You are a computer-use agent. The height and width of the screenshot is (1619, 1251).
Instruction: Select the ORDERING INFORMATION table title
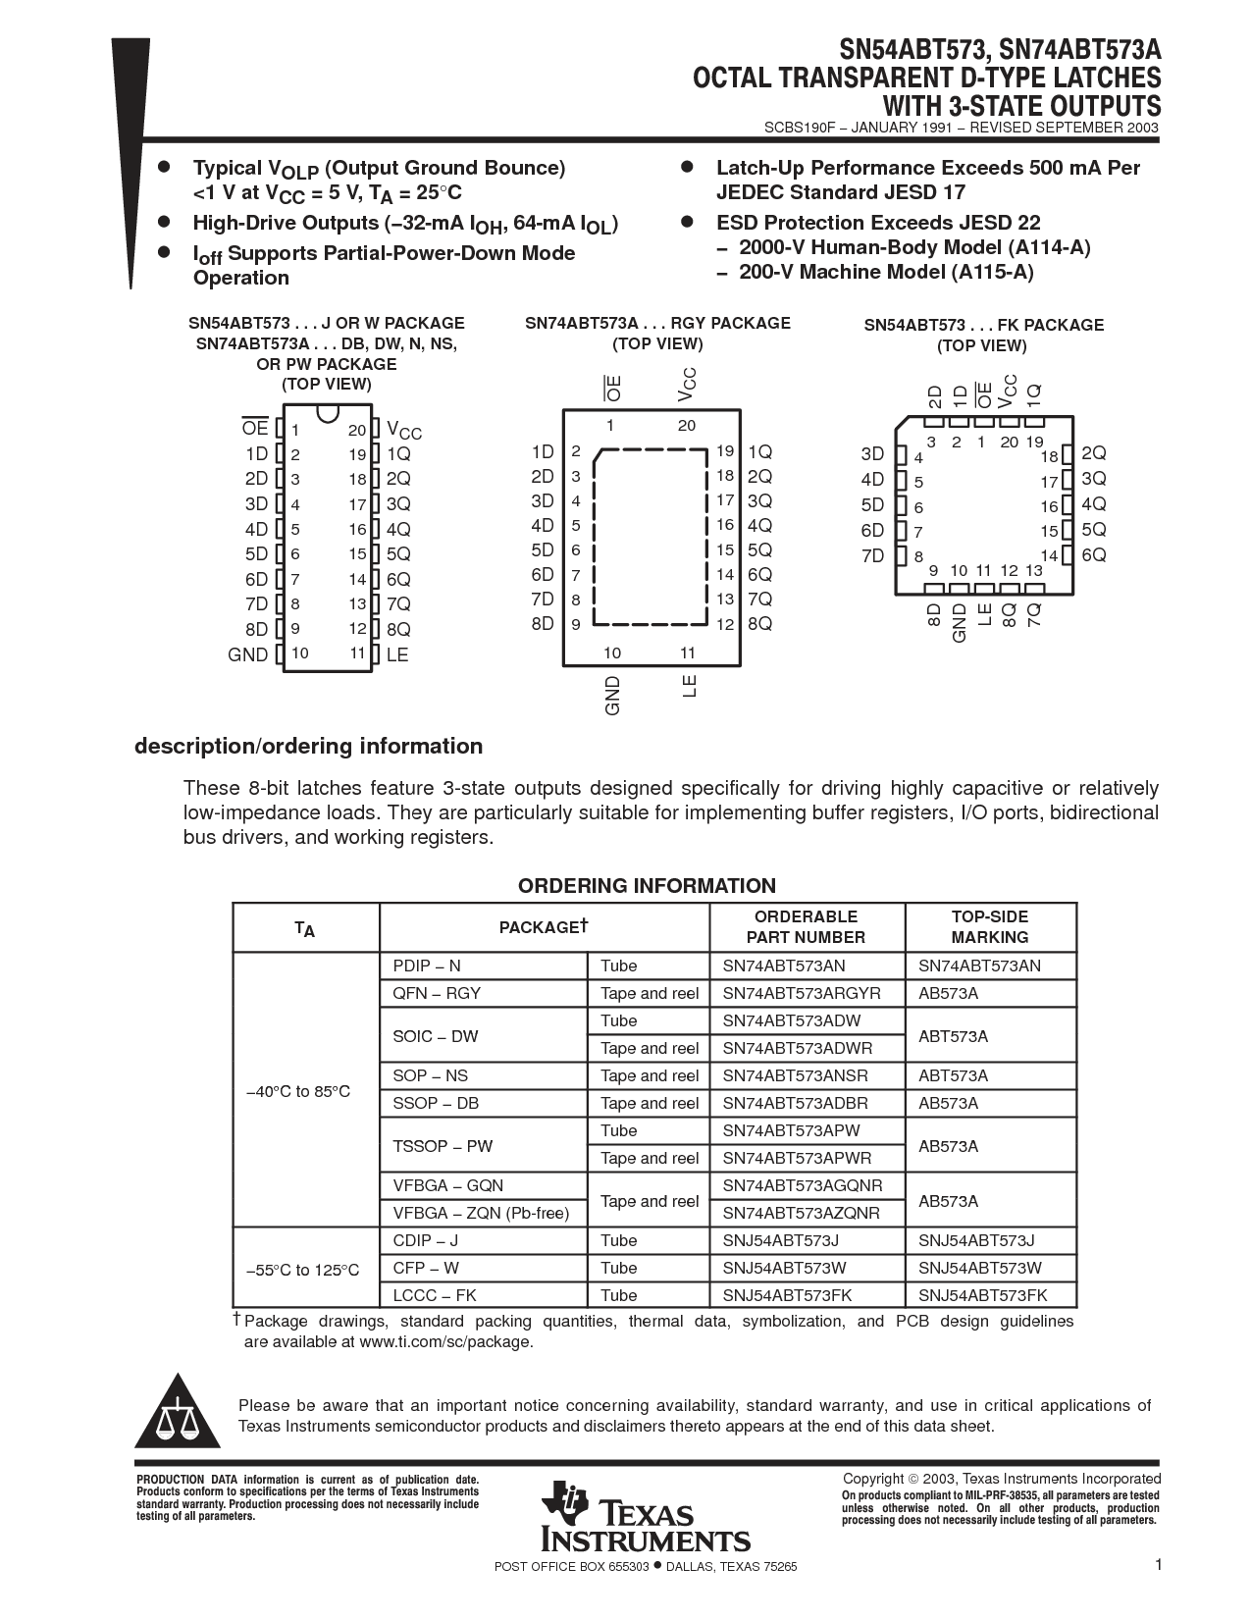[x=647, y=886]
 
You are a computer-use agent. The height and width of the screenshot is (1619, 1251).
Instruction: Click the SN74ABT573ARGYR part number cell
[x=802, y=993]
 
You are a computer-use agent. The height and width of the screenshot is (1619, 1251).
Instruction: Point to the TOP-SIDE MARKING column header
[x=989, y=927]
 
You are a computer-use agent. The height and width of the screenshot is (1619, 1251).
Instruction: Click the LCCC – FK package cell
[x=435, y=1295]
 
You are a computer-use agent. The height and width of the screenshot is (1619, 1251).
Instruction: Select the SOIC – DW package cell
[x=436, y=1036]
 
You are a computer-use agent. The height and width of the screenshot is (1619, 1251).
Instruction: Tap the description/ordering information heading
[x=308, y=747]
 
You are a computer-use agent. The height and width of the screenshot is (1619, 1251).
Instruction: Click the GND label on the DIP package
[x=247, y=654]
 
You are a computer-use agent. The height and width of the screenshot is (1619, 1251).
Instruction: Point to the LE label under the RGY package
[x=689, y=686]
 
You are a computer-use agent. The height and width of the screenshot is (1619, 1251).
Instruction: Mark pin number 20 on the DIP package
[x=356, y=430]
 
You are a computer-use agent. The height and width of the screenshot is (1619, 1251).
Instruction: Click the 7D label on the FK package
[x=872, y=556]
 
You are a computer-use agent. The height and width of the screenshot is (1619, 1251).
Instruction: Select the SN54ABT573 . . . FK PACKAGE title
[x=983, y=325]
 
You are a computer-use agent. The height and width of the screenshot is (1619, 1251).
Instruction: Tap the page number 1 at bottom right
[x=1158, y=1565]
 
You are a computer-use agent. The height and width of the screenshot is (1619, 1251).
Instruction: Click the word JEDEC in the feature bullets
[x=750, y=192]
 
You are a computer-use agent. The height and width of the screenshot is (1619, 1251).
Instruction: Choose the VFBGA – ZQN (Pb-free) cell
[x=481, y=1213]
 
